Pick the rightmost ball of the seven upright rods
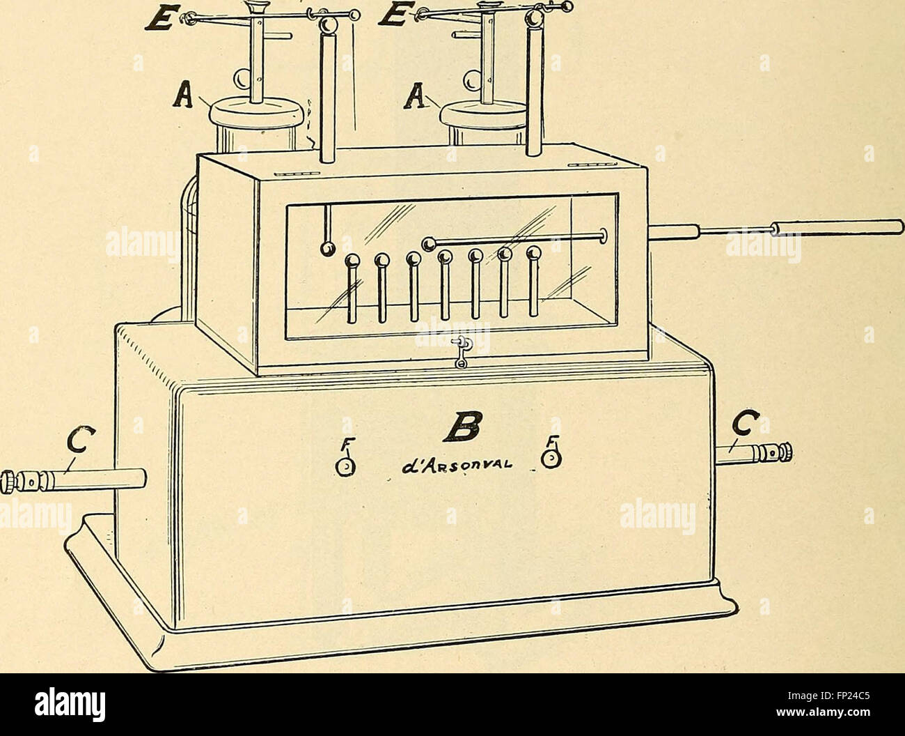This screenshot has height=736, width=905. pos(533,253)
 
